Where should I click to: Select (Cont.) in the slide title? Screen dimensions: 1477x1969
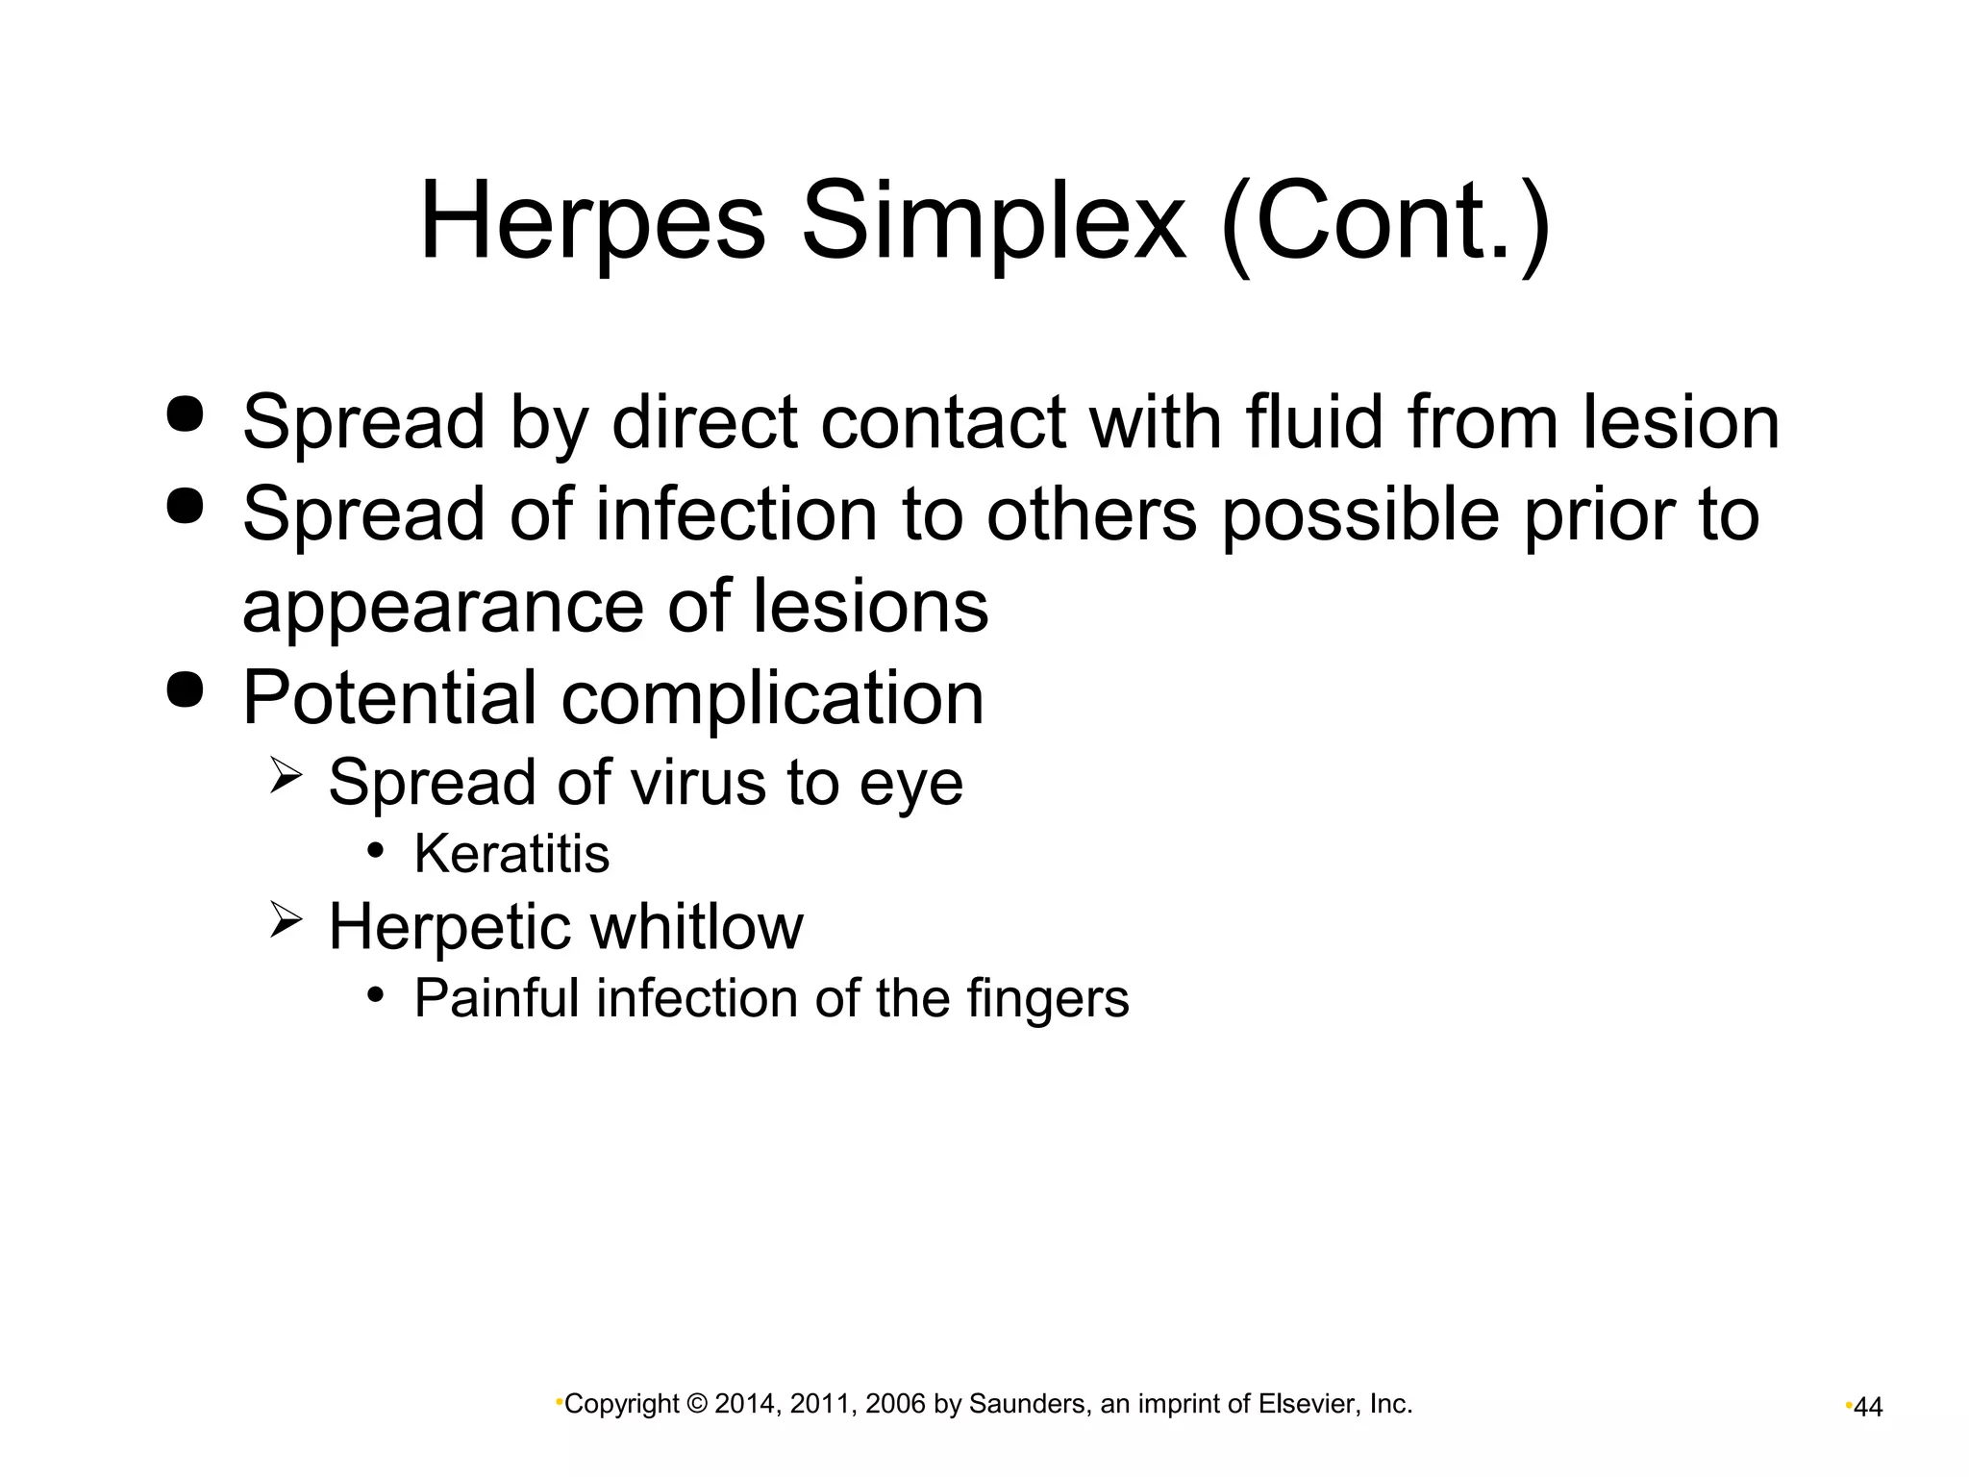pyautogui.click(x=1385, y=223)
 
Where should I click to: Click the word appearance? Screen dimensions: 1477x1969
pyautogui.click(x=442, y=608)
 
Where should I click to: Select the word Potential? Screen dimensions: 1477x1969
pyautogui.click(x=388, y=697)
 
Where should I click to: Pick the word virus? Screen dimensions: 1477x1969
pyautogui.click(x=700, y=782)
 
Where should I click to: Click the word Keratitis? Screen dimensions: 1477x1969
pyautogui.click(x=511, y=854)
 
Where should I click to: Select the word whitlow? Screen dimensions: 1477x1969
pyautogui.click(x=696, y=927)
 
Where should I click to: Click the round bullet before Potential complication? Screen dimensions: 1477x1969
pyautogui.click(x=186, y=690)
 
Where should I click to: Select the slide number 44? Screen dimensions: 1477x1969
pyautogui.click(x=1868, y=1408)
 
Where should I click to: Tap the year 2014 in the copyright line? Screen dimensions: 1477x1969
pyautogui.click(x=741, y=1405)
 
